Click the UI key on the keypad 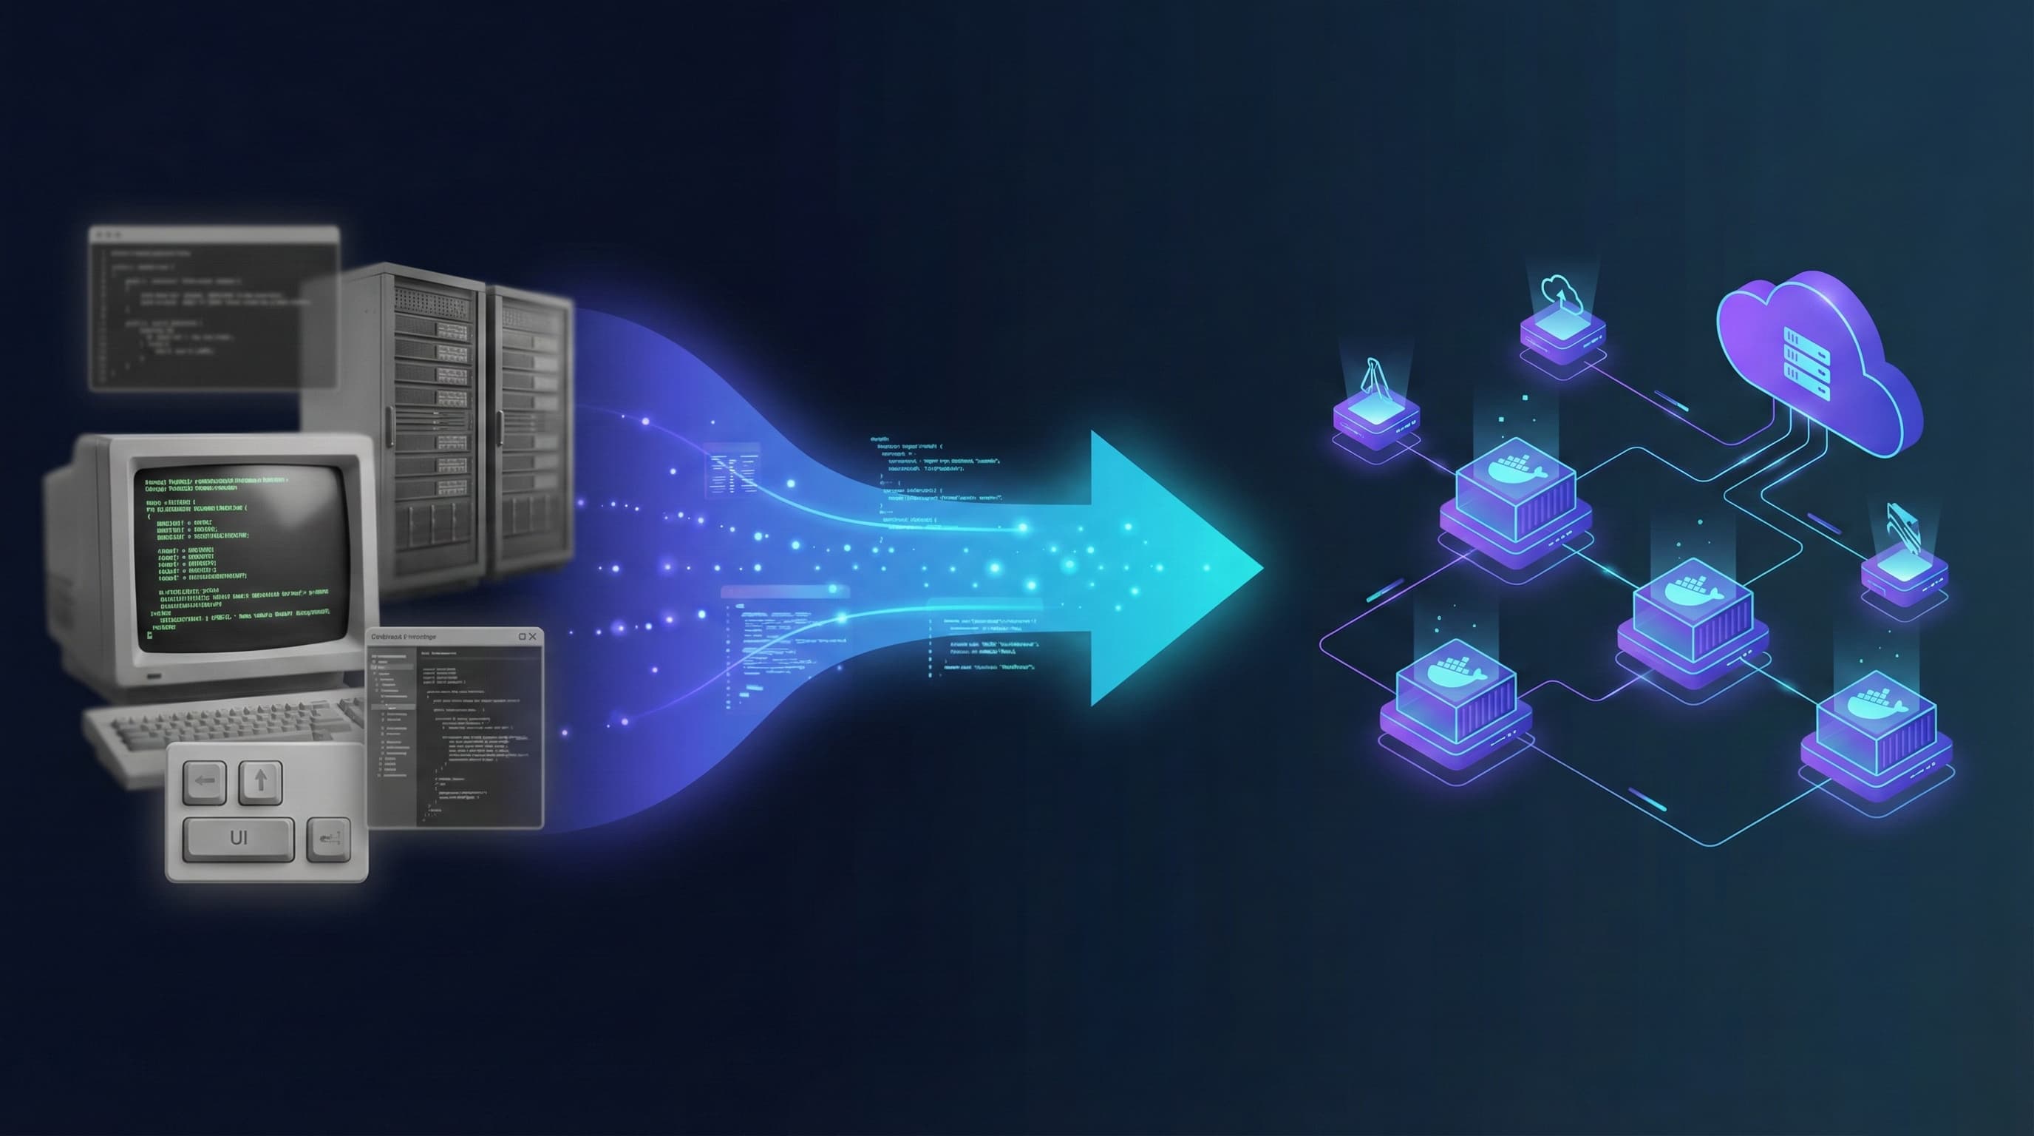point(239,838)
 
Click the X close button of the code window point(532,637)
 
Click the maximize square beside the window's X point(521,637)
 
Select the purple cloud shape point(1816,371)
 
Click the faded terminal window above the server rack point(213,308)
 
